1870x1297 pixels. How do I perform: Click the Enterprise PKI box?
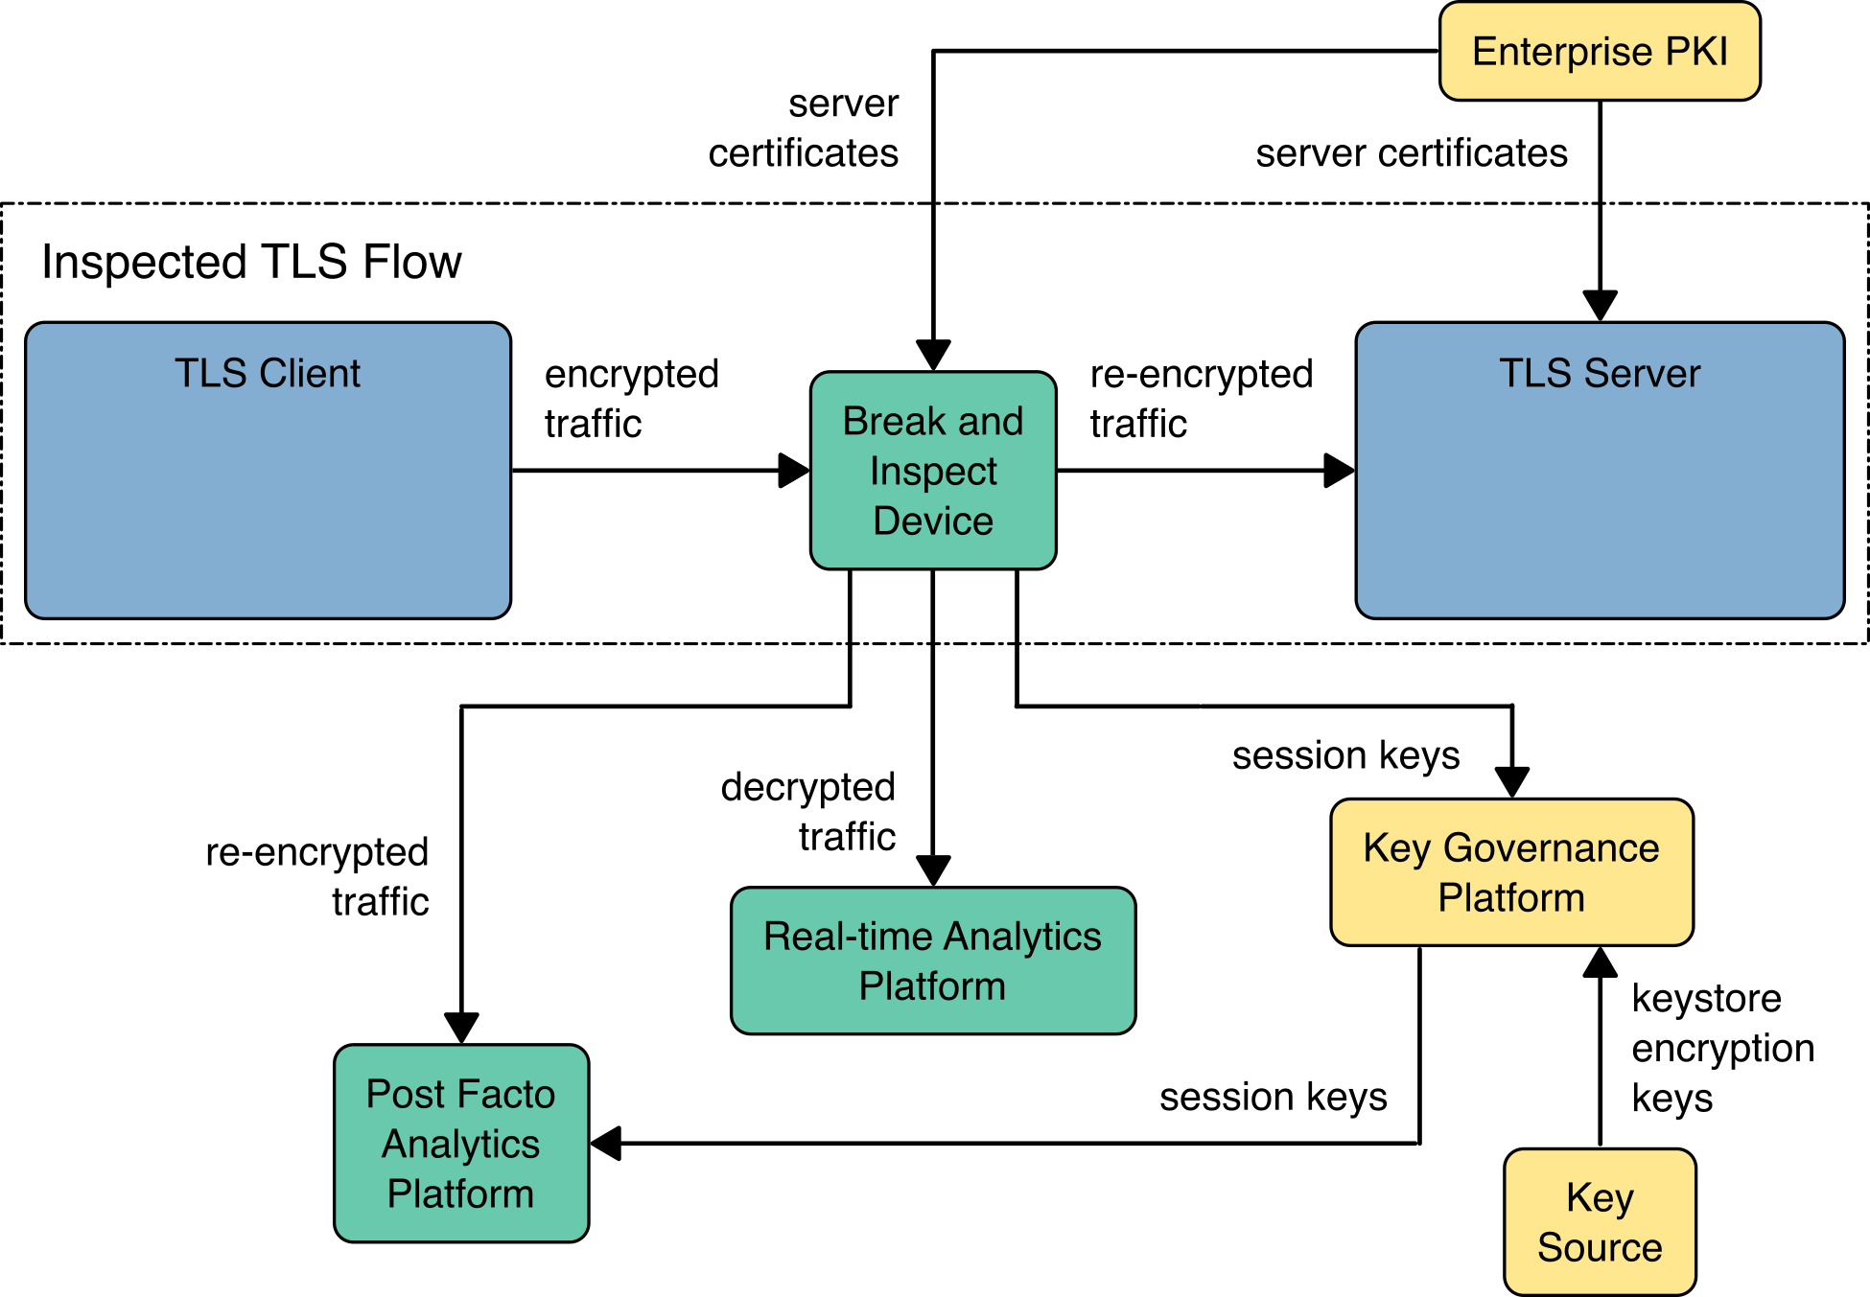tap(1600, 52)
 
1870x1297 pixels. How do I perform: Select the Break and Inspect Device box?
tap(933, 471)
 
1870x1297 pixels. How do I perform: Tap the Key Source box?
tap(1600, 1222)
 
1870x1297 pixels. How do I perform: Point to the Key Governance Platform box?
tap(1511, 872)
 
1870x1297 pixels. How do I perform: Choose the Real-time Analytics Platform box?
tap(933, 961)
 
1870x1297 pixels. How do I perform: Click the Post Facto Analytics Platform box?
tap(461, 1144)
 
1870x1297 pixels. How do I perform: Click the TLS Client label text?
tap(268, 373)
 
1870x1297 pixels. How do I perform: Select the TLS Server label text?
tap(1600, 373)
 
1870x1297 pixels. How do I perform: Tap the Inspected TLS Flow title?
tap(251, 262)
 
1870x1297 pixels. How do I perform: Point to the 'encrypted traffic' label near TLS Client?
tap(631, 398)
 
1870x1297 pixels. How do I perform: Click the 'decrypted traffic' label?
tap(808, 811)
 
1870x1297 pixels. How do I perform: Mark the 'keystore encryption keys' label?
tap(1722, 1048)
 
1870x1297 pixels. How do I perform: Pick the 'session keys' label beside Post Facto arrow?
tap(1273, 1097)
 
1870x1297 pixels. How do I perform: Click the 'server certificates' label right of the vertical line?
tap(1412, 153)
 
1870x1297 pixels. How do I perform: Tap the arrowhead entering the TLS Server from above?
tap(1600, 307)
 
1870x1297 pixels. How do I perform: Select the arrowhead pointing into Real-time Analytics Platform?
tap(933, 871)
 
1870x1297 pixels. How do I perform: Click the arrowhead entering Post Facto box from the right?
tap(606, 1144)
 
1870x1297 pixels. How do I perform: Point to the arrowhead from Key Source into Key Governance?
tap(1600, 961)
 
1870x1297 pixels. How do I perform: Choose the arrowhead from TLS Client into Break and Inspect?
tap(794, 471)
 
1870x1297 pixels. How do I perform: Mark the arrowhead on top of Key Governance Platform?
tap(1512, 782)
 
